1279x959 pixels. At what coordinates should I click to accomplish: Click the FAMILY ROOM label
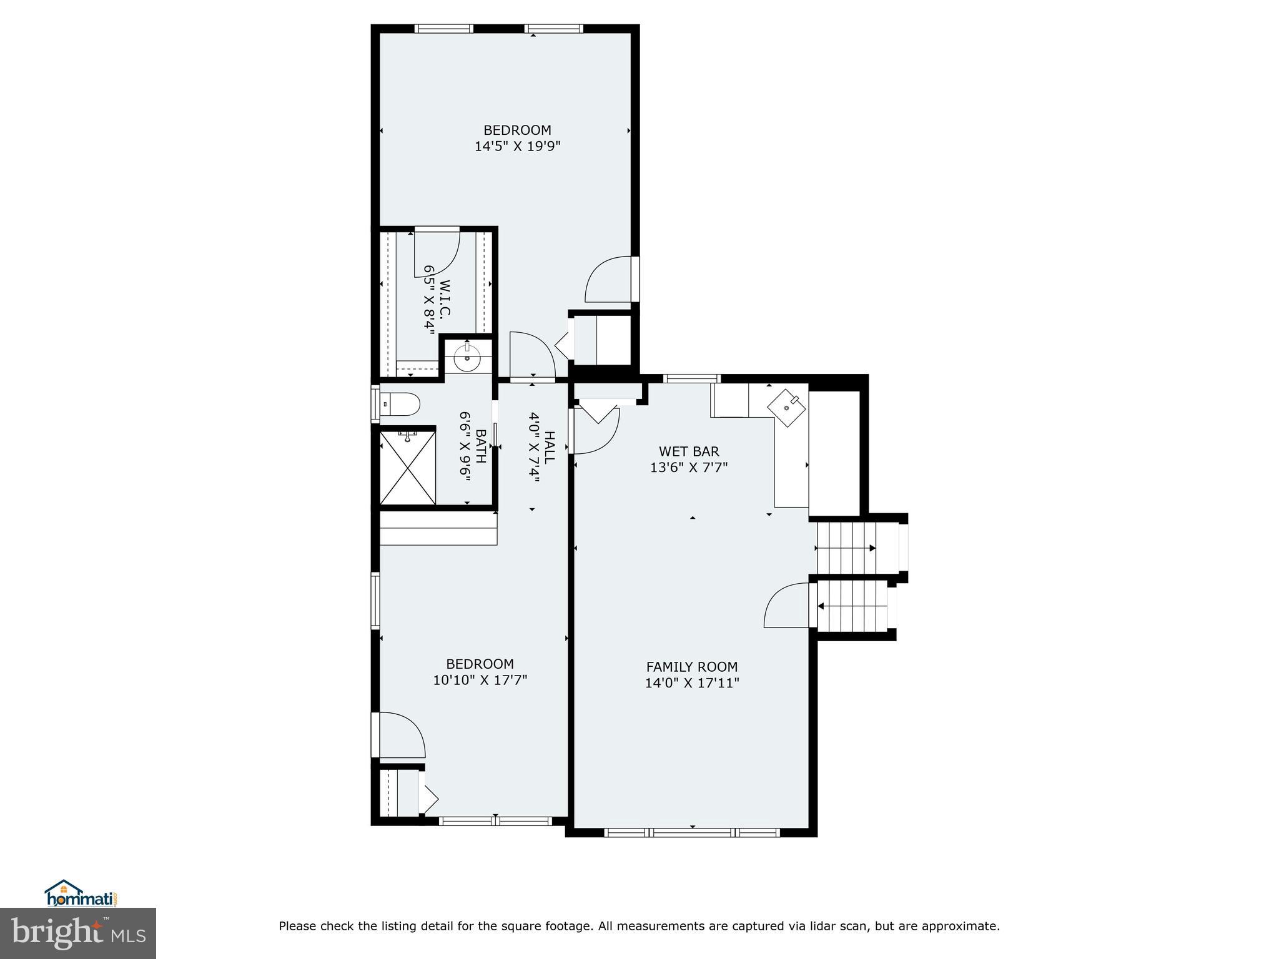click(691, 667)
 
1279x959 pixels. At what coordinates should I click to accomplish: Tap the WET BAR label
click(689, 451)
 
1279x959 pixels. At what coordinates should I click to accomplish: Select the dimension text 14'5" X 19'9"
click(518, 147)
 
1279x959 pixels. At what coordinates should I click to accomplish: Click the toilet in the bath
click(400, 405)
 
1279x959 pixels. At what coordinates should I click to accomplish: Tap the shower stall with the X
click(408, 467)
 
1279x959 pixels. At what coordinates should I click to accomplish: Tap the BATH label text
click(480, 445)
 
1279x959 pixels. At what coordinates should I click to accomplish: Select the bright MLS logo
click(78, 933)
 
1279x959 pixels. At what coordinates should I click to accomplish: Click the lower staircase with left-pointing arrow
click(852, 606)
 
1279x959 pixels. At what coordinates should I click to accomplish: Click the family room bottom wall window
click(693, 832)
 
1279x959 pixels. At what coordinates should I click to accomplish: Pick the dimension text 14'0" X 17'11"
click(691, 683)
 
